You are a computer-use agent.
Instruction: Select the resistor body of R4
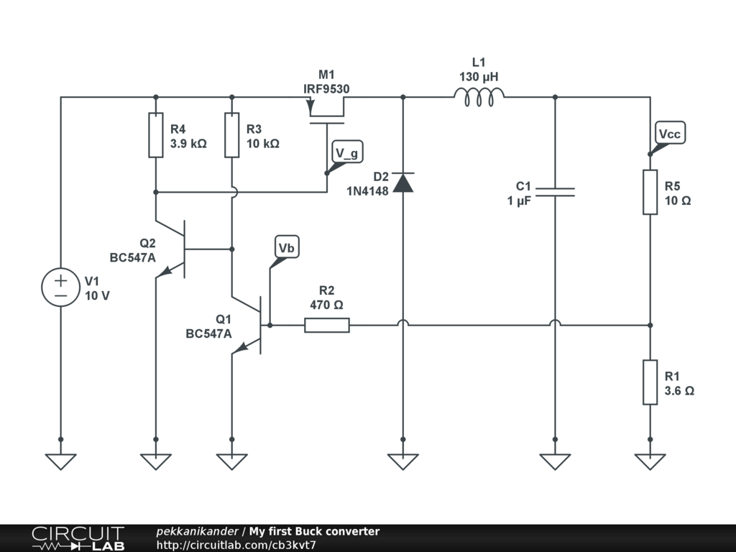156,135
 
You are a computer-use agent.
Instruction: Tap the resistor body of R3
232,135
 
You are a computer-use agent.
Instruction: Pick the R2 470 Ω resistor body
327,325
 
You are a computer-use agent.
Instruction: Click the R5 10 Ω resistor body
650,192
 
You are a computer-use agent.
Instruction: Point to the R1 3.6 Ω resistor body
650,382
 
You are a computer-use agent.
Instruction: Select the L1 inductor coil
479,97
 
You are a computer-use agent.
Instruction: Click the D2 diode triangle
402,183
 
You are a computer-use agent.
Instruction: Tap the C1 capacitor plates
555,192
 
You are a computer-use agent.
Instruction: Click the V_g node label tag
347,152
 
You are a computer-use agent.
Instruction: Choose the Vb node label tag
286,247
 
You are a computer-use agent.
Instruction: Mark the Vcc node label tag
669,133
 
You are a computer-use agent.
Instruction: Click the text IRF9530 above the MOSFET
326,88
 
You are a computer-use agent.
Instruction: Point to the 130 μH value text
479,76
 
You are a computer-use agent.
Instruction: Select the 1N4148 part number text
367,191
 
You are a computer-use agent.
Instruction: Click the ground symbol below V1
60,461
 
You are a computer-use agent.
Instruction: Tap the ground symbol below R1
650,461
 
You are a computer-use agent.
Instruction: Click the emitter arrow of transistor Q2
165,271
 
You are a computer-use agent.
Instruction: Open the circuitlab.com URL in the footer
236,545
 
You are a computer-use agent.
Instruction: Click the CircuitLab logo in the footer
78,538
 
